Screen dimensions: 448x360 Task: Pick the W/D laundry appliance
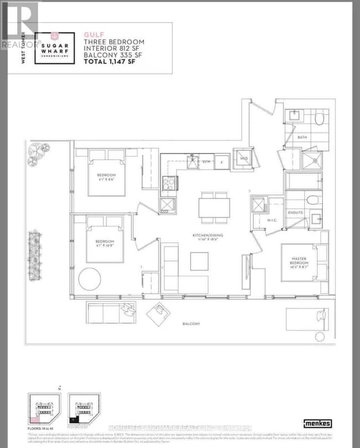pos(243,157)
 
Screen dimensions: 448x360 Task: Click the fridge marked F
pos(221,161)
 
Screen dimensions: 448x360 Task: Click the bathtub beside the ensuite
pos(306,181)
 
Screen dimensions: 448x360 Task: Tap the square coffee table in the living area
pos(199,261)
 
